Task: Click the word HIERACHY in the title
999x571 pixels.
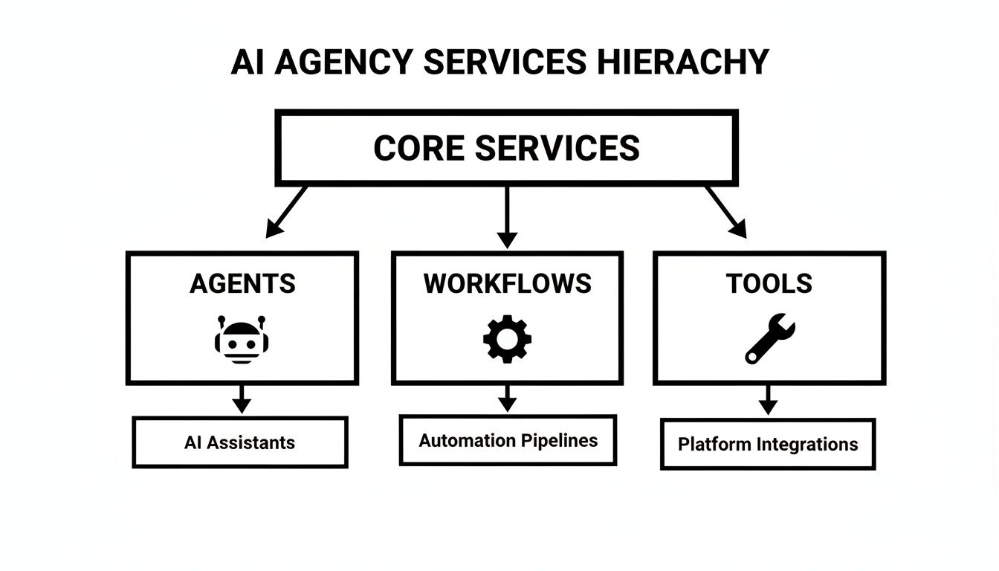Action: (x=682, y=62)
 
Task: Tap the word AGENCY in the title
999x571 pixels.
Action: (x=344, y=62)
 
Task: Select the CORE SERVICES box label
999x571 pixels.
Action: (x=506, y=148)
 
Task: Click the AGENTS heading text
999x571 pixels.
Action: (x=242, y=283)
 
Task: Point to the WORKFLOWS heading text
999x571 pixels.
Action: (x=507, y=283)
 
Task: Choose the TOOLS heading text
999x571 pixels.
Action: (x=769, y=283)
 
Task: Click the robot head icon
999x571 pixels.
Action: (x=242, y=340)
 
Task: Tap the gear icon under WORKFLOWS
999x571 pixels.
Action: (x=507, y=340)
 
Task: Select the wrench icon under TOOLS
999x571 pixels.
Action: (x=769, y=338)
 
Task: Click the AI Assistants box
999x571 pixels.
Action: (x=239, y=442)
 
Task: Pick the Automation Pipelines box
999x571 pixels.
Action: (x=508, y=440)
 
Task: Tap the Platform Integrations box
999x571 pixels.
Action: (x=768, y=444)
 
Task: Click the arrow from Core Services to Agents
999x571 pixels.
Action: (x=286, y=212)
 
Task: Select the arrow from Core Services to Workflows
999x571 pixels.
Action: (x=507, y=217)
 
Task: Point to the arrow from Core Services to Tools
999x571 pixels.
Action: (x=726, y=212)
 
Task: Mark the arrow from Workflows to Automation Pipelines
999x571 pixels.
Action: (x=507, y=399)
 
